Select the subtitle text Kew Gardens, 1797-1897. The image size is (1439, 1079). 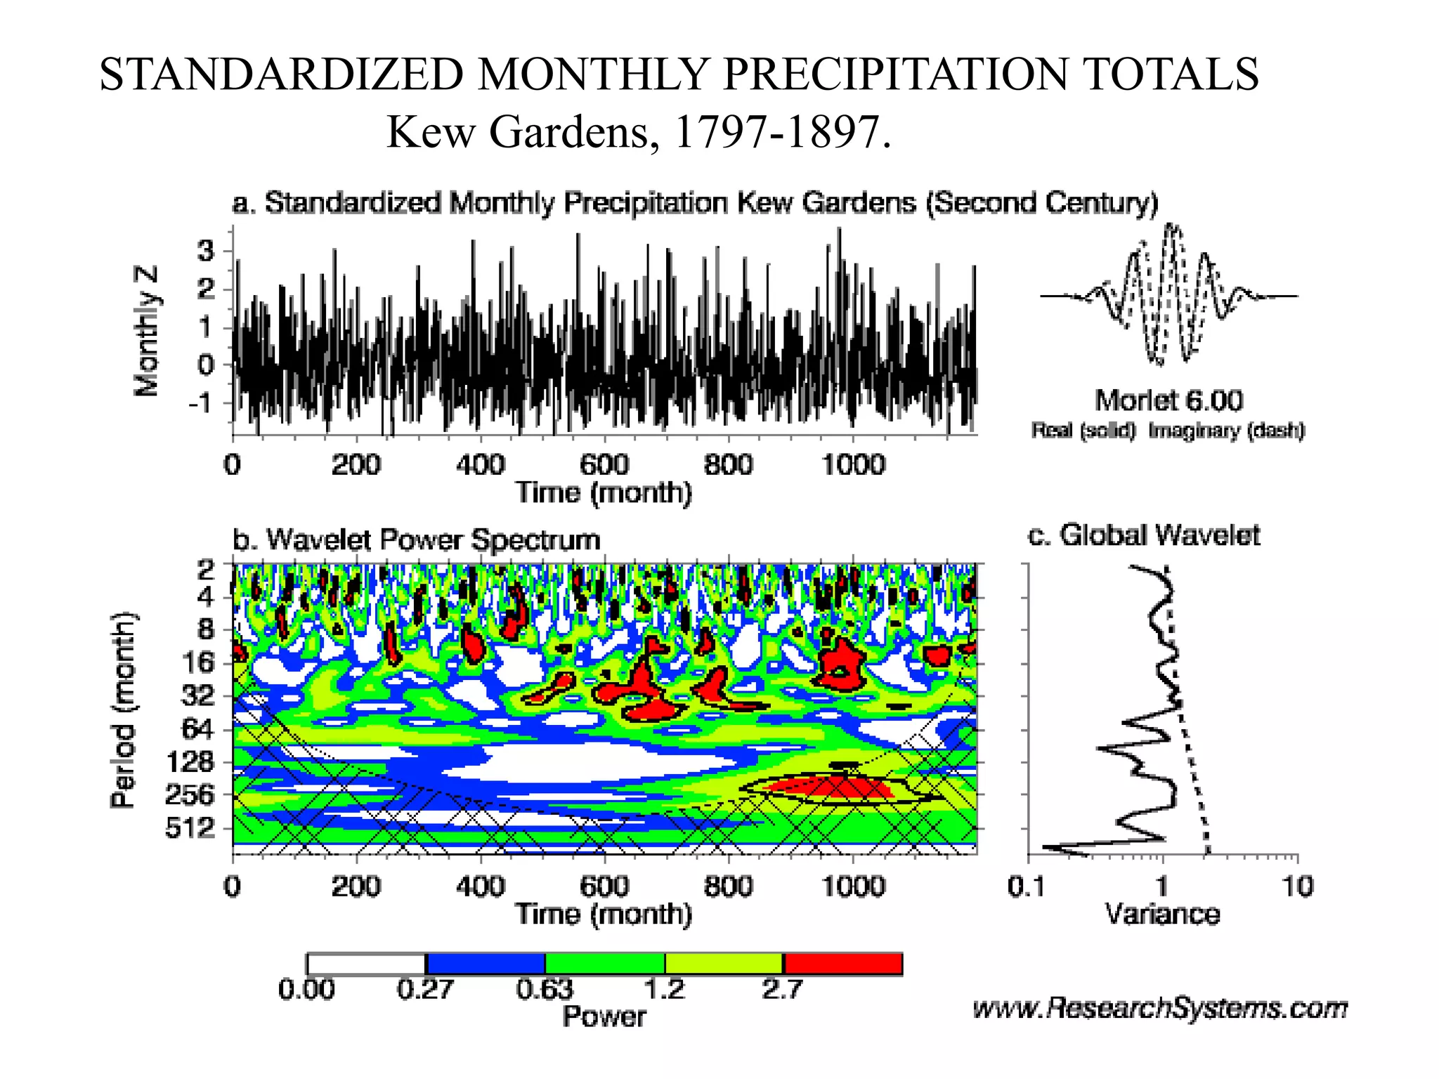tap(639, 131)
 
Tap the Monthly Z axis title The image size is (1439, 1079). tap(146, 331)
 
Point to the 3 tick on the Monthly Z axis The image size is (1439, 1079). tap(205, 251)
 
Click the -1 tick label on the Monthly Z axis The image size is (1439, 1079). tap(200, 403)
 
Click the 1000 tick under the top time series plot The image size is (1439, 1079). tap(853, 465)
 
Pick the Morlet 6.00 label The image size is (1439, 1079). tap(1168, 400)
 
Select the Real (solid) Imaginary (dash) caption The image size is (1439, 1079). tap(1168, 430)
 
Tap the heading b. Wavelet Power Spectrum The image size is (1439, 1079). tap(417, 539)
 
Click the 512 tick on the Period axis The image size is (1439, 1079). tap(190, 828)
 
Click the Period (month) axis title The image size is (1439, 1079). tap(122, 709)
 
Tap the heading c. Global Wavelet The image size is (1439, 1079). tap(1144, 535)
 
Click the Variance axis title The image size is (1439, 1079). tap(1162, 914)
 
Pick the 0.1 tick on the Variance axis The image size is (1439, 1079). tap(1027, 887)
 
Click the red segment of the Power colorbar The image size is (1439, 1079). tap(842, 964)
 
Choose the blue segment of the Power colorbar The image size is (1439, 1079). tap(486, 964)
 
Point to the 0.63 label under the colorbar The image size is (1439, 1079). tap(545, 989)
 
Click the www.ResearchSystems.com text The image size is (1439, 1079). tap(1160, 1008)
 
